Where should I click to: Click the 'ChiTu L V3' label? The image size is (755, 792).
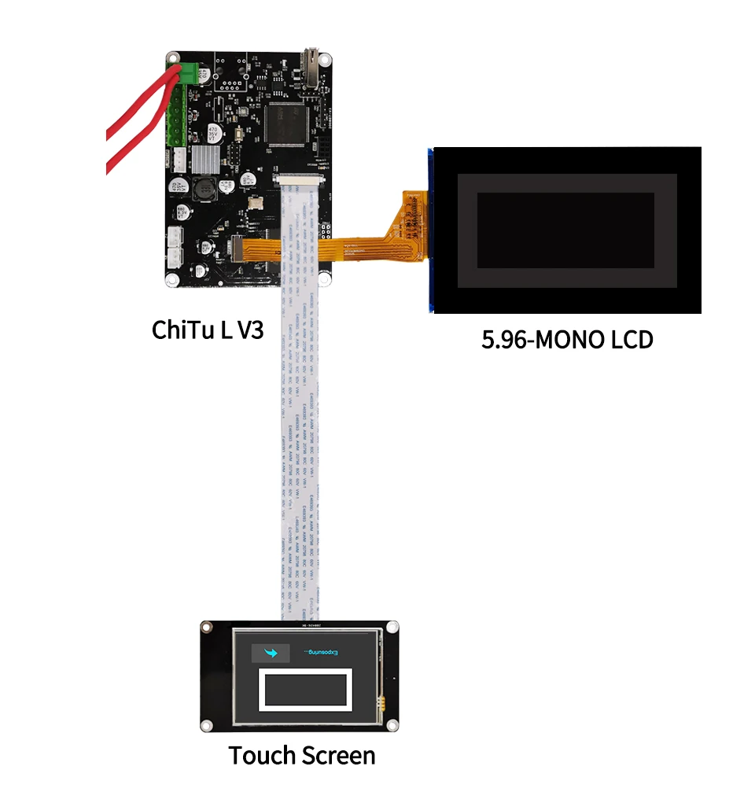click(x=207, y=330)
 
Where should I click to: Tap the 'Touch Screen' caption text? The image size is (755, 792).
click(x=301, y=756)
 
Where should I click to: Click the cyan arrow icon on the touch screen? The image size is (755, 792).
click(x=272, y=652)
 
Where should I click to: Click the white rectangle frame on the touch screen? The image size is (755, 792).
click(x=307, y=691)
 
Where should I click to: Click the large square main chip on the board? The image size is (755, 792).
click(x=286, y=123)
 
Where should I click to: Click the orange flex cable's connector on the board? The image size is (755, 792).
click(x=238, y=249)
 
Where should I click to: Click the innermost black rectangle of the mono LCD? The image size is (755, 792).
click(x=565, y=231)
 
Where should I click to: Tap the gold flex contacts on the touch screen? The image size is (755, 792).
click(x=381, y=700)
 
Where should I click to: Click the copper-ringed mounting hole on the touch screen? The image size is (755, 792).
click(x=207, y=627)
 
